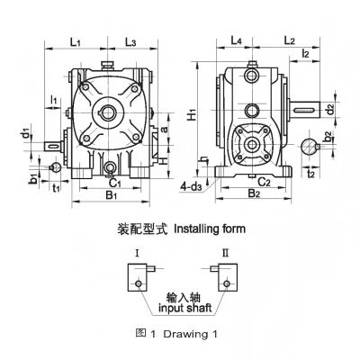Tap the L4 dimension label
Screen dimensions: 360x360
(236, 41)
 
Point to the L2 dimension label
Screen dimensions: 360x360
(290, 41)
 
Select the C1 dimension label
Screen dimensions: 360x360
(112, 179)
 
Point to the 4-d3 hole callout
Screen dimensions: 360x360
(191, 187)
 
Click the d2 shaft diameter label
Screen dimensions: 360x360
(330, 110)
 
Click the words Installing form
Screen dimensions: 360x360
(209, 229)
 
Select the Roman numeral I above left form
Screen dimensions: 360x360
(134, 254)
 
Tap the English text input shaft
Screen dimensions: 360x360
(182, 307)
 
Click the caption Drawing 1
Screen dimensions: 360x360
(193, 335)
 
